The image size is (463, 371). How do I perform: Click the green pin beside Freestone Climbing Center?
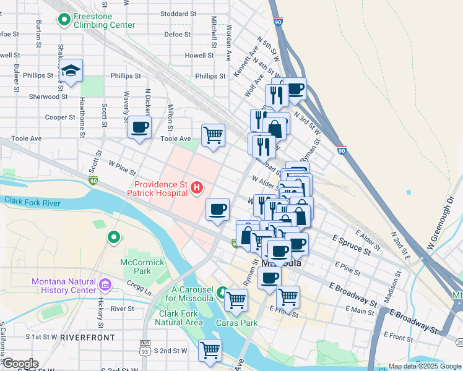coord(64,20)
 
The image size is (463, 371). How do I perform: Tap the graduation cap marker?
coord(71,70)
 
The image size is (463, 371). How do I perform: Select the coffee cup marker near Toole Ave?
coord(139,128)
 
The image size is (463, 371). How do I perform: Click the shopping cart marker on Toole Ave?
coord(213,134)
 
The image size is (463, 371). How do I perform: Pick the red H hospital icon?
coord(197,187)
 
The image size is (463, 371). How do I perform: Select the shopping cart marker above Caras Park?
coord(236,300)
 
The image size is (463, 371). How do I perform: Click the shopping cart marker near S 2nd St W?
coord(210,350)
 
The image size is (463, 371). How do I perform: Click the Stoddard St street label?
coord(178,14)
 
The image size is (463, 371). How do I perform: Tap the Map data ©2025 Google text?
coord(424,367)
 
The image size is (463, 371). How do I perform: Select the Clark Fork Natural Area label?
coord(179,318)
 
